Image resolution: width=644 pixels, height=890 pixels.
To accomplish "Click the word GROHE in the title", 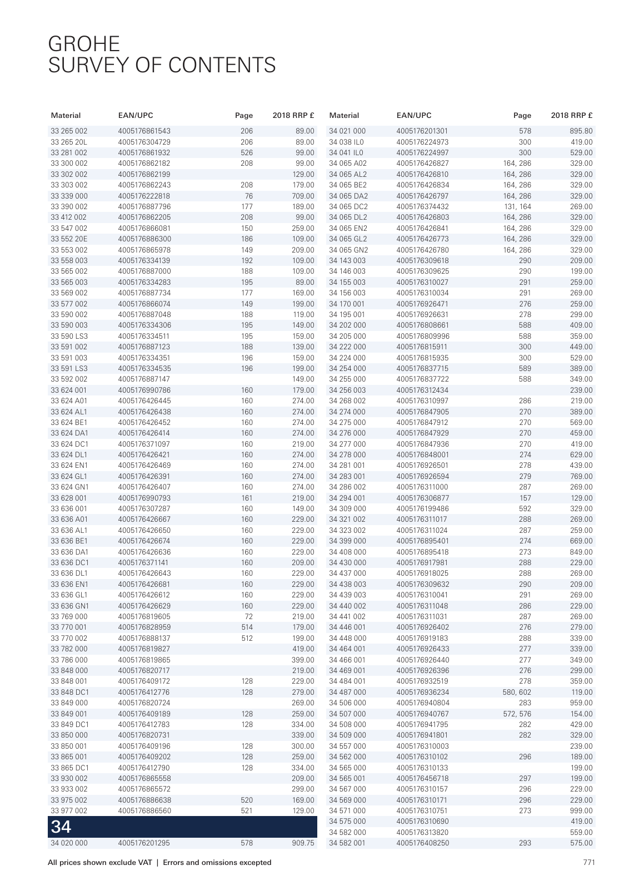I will [x=84, y=44].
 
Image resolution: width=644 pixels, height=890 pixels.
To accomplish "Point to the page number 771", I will [x=589, y=863].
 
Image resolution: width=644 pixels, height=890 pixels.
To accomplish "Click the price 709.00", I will [x=303, y=196].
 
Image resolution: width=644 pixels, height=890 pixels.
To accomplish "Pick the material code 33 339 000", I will [x=69, y=196].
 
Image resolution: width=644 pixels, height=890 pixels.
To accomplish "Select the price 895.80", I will [x=581, y=131].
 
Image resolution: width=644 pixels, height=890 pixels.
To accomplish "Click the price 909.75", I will [x=303, y=843].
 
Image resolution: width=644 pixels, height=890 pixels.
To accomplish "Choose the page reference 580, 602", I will [x=517, y=693].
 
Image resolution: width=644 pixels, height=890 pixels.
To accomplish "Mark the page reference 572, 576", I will [x=517, y=714].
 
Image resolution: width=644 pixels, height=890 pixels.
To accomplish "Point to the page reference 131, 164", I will [x=517, y=207].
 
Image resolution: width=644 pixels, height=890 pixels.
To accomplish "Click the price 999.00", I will [x=581, y=811].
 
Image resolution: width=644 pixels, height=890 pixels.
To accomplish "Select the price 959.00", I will [x=581, y=703].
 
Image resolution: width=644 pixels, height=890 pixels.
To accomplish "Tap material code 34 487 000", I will [x=347, y=693].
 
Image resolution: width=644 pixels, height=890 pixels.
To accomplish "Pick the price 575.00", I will [x=581, y=843].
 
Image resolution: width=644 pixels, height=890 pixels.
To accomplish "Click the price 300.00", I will [x=303, y=746].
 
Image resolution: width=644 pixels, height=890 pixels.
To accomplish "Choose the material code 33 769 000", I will [x=69, y=617].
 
